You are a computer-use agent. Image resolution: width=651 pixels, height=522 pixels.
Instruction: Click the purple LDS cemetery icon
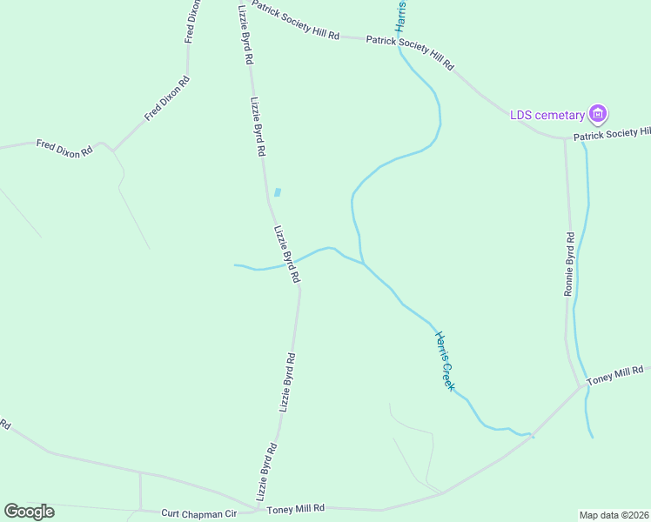pos(598,113)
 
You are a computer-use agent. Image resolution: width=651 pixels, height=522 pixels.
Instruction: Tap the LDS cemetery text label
pos(547,115)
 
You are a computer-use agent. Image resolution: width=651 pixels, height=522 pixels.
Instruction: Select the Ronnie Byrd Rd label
pos(569,264)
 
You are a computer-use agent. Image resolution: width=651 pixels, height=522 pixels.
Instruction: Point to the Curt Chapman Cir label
pos(199,514)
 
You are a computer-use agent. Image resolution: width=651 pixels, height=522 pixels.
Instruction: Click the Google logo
pos(29,512)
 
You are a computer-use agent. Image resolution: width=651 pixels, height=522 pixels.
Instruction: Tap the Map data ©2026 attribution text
pos(614,514)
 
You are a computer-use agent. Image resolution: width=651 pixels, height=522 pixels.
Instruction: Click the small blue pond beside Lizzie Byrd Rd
pos(278,192)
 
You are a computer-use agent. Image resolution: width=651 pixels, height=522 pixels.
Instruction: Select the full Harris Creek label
pos(444,360)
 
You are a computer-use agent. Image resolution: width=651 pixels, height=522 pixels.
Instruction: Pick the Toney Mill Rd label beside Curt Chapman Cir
pos(296,508)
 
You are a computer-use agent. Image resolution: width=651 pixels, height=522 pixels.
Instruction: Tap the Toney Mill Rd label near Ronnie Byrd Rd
pos(615,376)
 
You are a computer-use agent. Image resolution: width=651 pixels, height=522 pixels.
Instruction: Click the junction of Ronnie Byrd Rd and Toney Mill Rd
pos(581,387)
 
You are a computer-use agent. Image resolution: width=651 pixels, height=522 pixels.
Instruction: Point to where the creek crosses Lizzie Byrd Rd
pos(293,261)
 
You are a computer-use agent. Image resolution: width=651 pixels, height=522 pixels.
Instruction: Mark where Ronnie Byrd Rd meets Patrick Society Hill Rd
pos(565,137)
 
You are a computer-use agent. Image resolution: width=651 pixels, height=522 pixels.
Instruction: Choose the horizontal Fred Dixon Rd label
pos(64,148)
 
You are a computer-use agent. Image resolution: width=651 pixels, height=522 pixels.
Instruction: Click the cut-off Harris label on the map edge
pos(401,16)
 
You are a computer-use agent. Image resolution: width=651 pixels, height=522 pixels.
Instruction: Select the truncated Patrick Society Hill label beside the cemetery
pos(611,132)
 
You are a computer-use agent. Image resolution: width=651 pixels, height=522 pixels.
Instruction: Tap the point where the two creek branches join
pos(363,262)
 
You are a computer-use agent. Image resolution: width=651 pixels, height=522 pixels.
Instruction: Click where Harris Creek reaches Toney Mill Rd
pos(532,434)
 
